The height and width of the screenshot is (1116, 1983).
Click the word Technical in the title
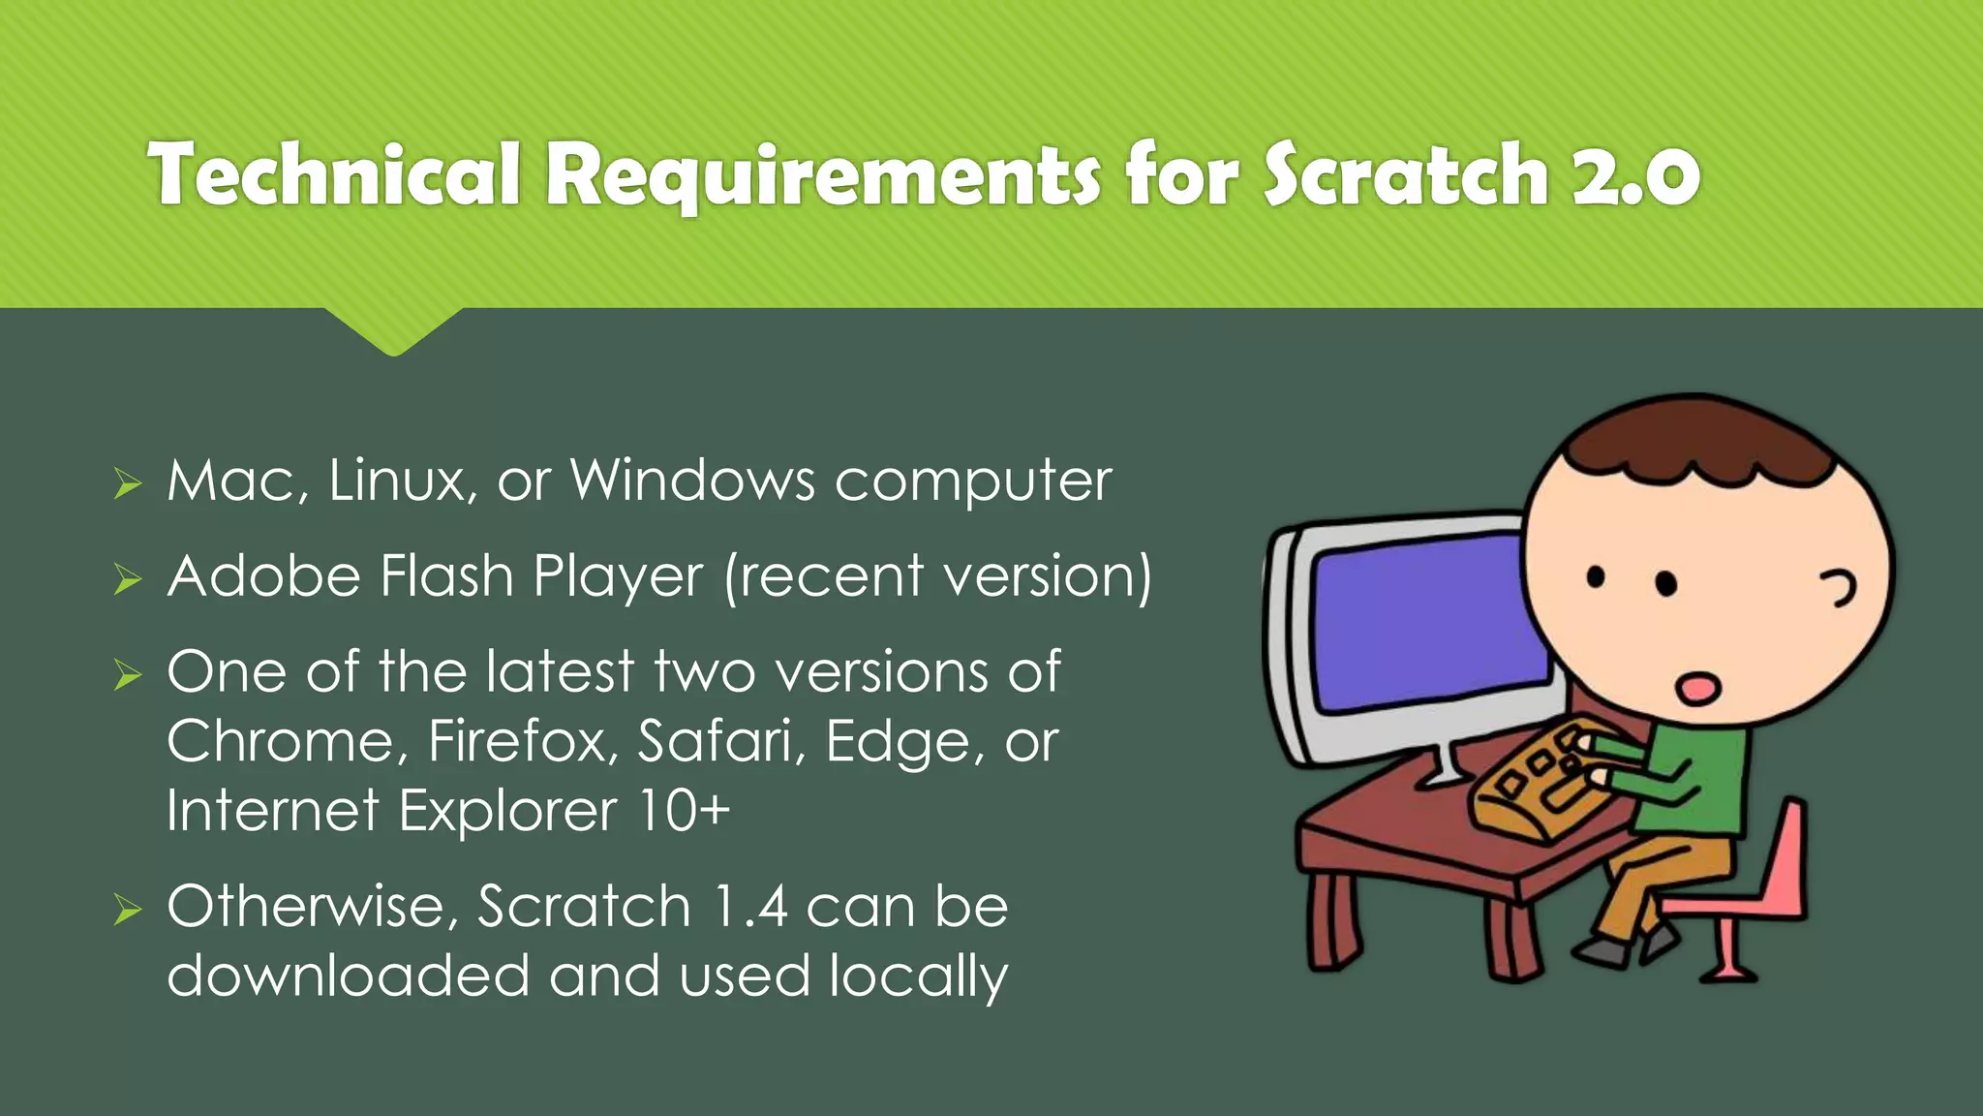click(335, 174)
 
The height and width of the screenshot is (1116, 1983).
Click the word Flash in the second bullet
click(446, 576)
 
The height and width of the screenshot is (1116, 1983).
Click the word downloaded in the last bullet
click(349, 976)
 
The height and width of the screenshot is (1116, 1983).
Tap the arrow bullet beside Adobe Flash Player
click(127, 579)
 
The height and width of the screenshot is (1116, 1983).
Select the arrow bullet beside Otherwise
click(127, 910)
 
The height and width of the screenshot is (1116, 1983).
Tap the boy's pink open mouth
click(1698, 689)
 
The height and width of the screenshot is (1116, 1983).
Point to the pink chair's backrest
click(1787, 852)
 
